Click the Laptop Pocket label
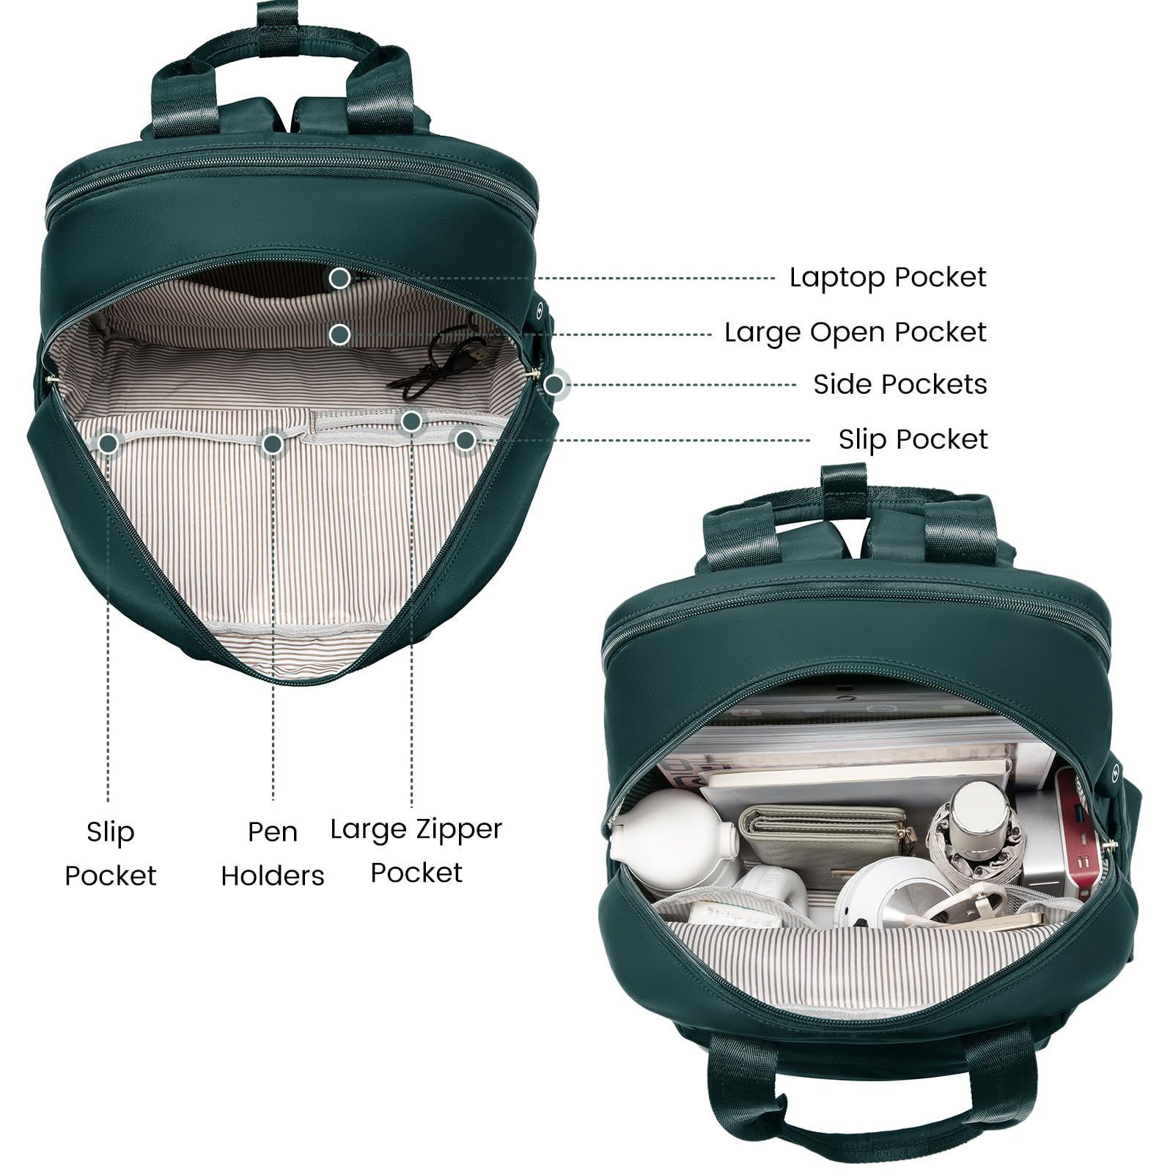tap(888, 278)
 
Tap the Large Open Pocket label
tap(855, 333)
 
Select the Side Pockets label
tap(900, 384)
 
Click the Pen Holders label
tap(273, 853)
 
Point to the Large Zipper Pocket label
tap(416, 850)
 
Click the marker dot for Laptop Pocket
tap(339, 279)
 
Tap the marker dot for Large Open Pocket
tap(339, 334)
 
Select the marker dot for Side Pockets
tap(554, 384)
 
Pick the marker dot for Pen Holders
tap(273, 444)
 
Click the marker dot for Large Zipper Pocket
tap(411, 421)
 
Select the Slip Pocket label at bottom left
tap(110, 853)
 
